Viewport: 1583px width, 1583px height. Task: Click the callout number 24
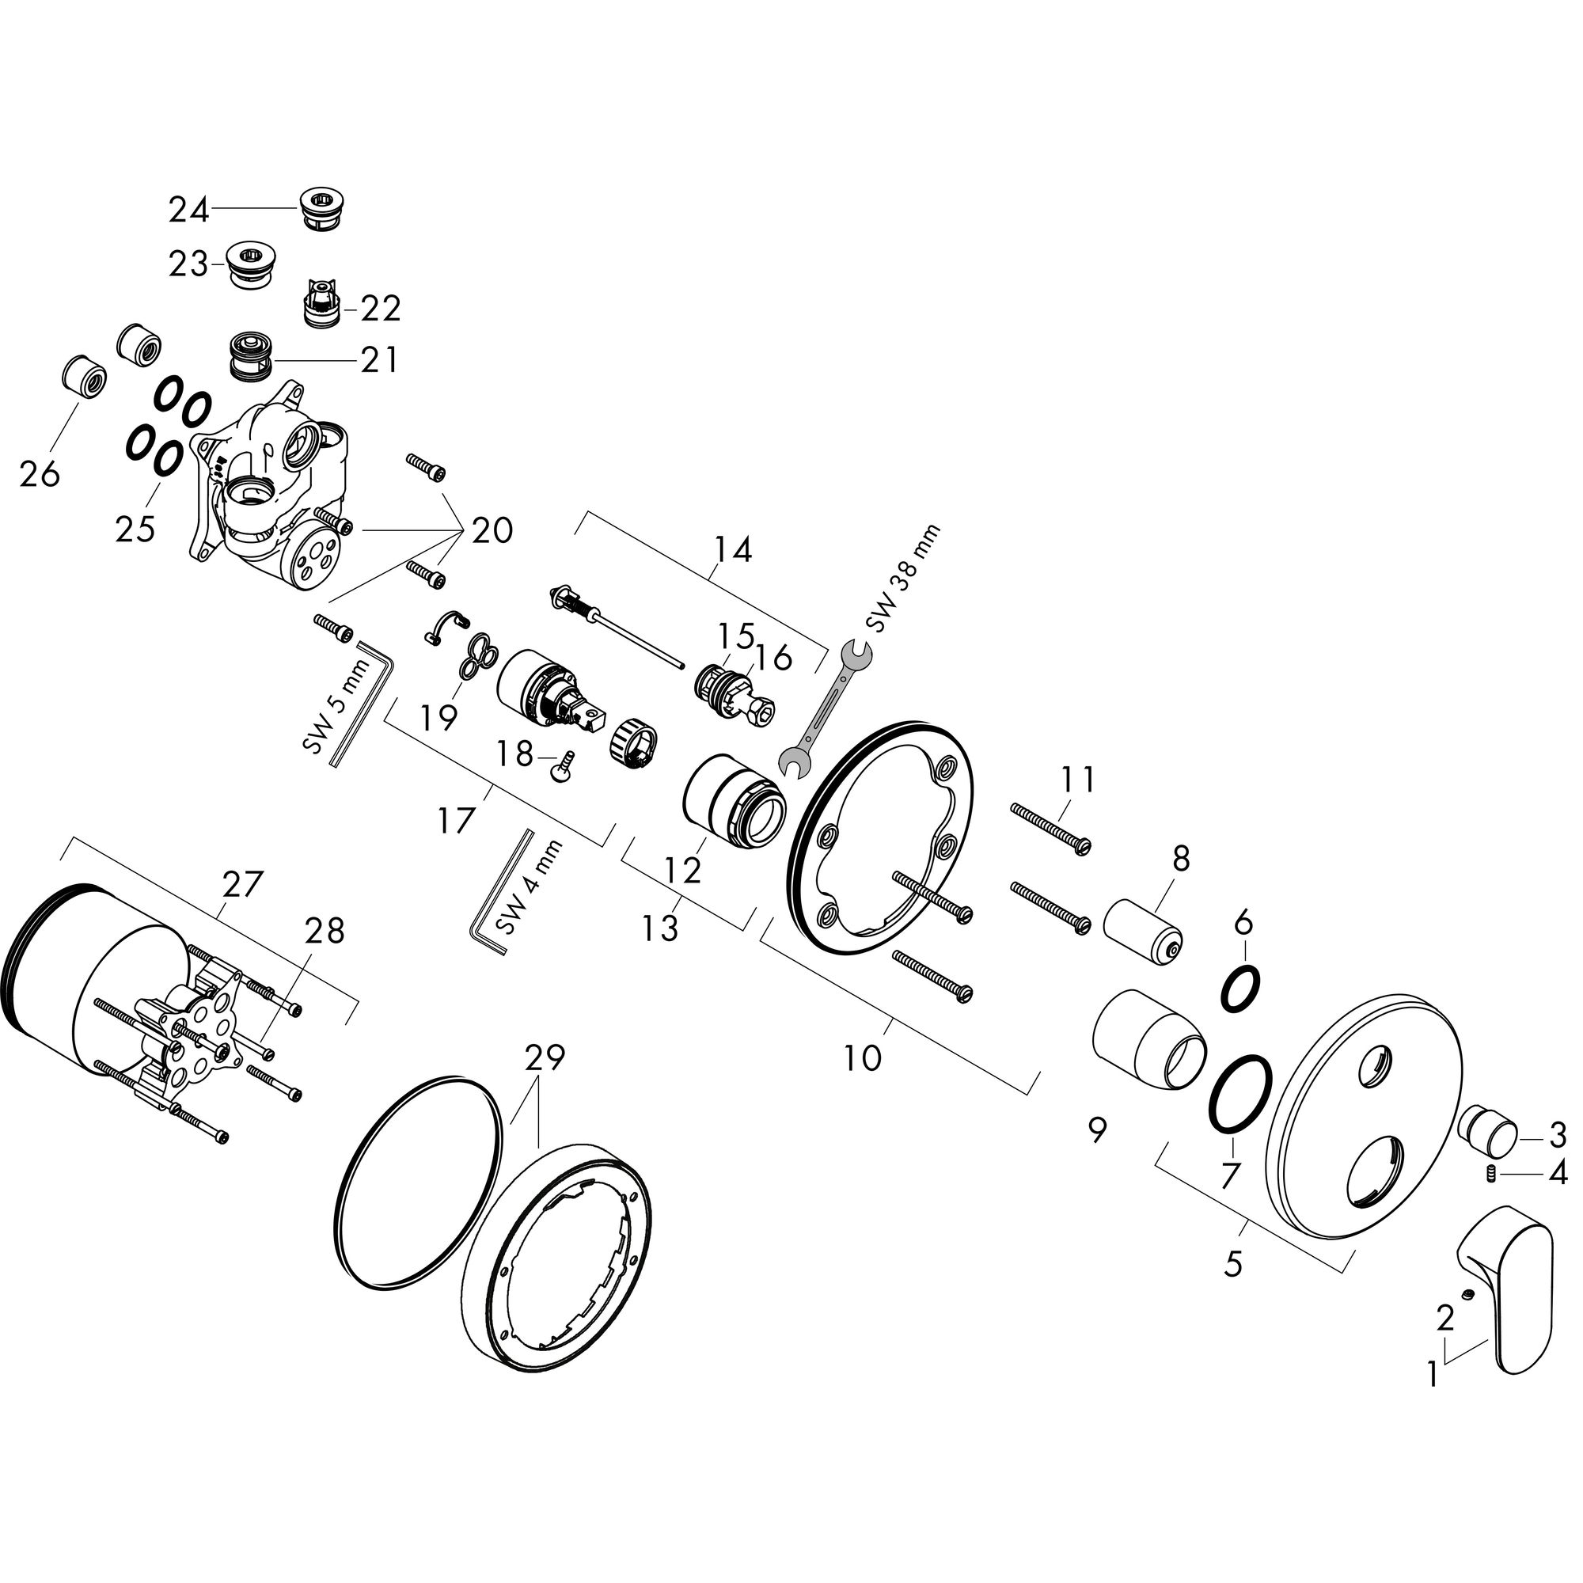189,211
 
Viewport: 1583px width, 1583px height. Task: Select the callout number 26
40,474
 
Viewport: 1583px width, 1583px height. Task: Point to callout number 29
545,1058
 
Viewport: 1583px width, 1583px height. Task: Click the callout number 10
862,1057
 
